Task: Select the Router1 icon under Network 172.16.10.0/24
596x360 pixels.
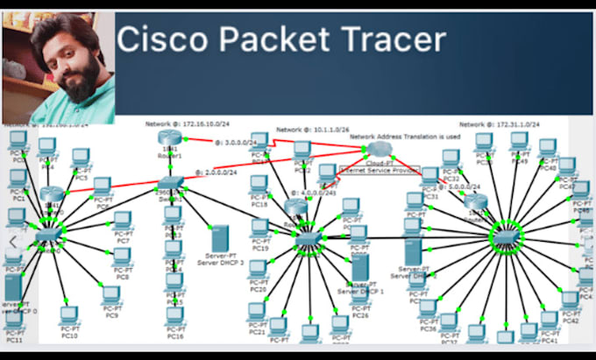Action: pos(169,138)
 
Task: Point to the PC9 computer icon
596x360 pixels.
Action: pos(111,296)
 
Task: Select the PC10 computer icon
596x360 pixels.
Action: pos(67,315)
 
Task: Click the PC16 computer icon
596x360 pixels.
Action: pos(175,316)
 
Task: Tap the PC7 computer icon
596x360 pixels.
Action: pos(123,220)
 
